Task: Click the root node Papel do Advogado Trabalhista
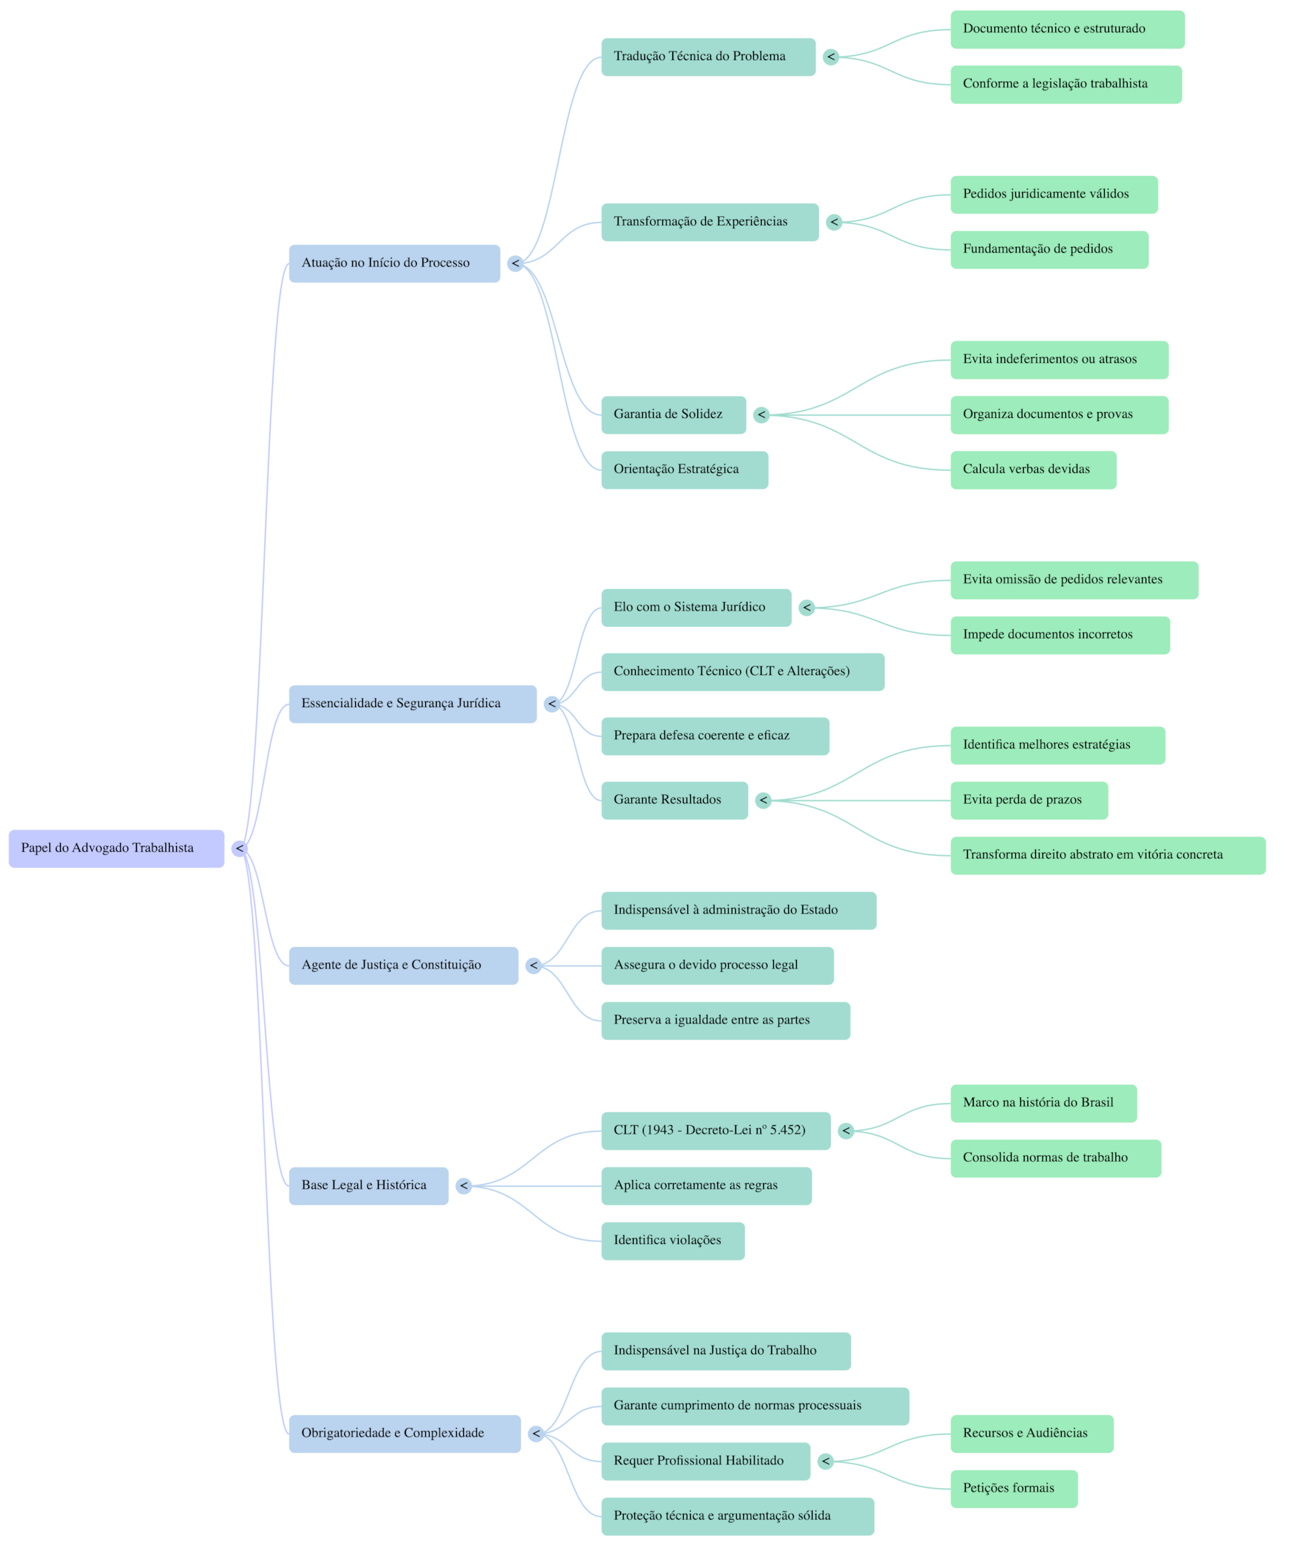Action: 116,848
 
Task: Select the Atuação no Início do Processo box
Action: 394,263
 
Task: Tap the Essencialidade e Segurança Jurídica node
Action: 412,704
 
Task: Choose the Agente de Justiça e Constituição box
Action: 403,965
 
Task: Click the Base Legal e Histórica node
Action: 368,1185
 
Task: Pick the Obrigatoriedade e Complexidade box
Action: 405,1434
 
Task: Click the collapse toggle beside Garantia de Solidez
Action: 761,415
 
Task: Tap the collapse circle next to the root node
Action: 239,849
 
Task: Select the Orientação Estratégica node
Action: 684,470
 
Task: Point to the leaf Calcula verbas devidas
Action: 1033,470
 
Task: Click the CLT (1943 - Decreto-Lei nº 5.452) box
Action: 716,1130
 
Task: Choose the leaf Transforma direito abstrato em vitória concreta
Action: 1108,855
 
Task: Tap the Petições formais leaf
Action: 1014,1488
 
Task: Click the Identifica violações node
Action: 673,1240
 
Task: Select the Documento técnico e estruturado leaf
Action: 1067,29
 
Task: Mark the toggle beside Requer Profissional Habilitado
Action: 826,1462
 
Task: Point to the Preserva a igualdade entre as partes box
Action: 725,1021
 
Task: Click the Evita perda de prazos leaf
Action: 1029,800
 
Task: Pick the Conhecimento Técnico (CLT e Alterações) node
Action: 742,671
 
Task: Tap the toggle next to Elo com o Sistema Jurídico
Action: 807,608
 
